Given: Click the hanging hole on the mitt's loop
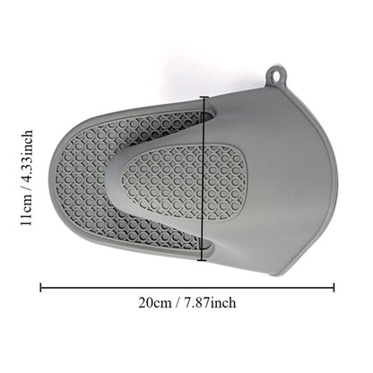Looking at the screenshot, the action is tap(275, 76).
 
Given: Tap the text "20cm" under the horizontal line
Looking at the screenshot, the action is tap(155, 303).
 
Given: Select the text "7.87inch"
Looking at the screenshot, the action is tap(210, 303).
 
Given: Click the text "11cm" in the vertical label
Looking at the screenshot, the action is tap(26, 211).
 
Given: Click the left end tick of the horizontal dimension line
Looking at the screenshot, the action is tap(40, 288).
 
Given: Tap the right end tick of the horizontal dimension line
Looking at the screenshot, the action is tap(334, 288).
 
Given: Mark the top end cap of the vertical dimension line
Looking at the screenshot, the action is tap(204, 97).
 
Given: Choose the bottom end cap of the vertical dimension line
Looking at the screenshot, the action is tap(202, 261).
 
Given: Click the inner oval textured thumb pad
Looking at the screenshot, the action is tap(183, 180).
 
